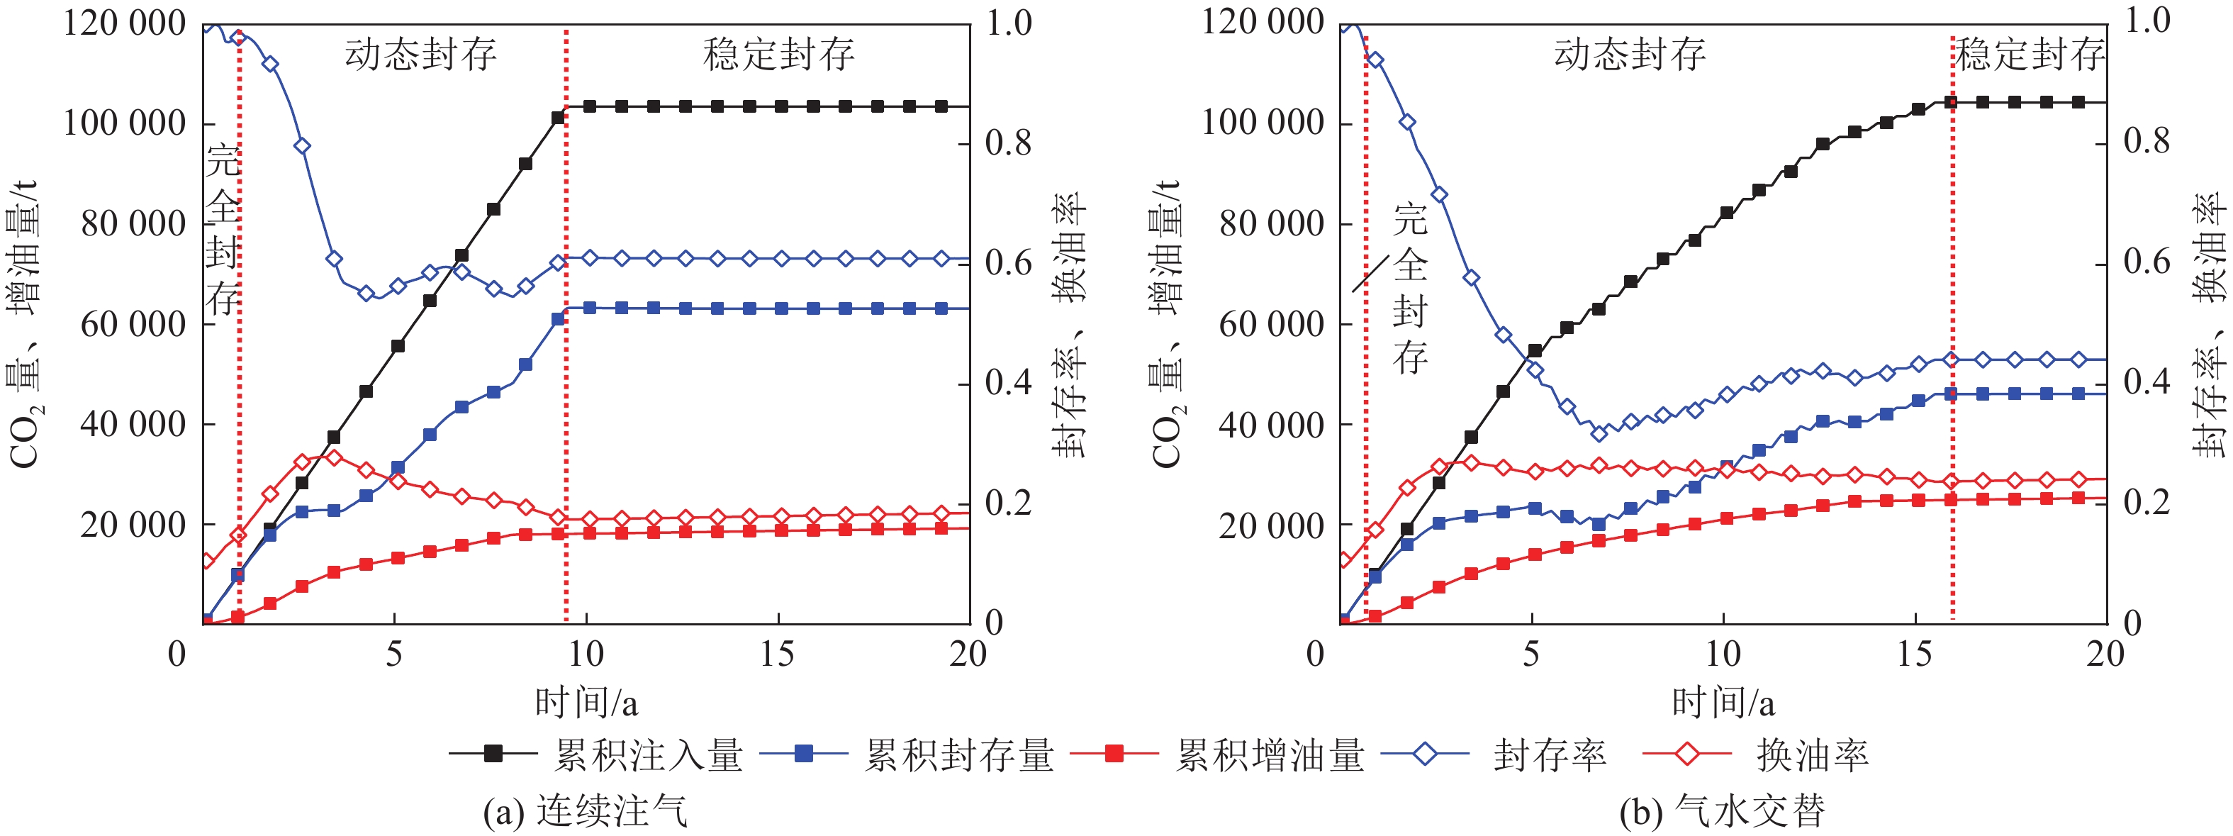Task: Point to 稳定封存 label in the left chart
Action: pos(778,54)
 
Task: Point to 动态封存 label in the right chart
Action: pos(1630,54)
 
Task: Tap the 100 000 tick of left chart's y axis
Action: pos(125,123)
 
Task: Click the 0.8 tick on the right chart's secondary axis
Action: pos(2147,141)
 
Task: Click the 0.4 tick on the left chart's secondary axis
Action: pos(1009,381)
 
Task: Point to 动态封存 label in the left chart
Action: pos(421,54)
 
